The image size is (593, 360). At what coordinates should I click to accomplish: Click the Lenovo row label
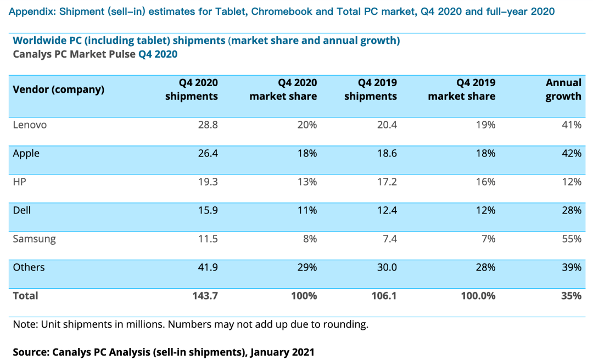click(x=30, y=125)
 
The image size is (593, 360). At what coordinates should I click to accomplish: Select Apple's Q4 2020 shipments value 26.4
click(x=208, y=154)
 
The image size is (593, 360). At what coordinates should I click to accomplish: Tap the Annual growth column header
click(x=563, y=89)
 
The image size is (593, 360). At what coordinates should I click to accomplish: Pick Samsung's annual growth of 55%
click(x=572, y=239)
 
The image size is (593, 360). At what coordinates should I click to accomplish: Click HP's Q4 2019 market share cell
click(x=485, y=182)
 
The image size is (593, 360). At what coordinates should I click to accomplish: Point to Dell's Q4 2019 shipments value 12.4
click(x=387, y=211)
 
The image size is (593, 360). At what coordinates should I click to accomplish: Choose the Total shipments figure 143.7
click(x=205, y=296)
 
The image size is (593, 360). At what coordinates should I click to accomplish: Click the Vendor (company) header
click(x=59, y=89)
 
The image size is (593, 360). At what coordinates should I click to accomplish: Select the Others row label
click(x=29, y=267)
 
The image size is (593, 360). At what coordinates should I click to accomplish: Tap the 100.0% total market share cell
click(x=478, y=296)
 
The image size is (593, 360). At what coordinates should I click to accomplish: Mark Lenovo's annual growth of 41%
click(x=572, y=125)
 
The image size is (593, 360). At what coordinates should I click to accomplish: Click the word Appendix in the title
click(x=32, y=12)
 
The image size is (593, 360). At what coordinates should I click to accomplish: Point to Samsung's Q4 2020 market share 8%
click(x=309, y=239)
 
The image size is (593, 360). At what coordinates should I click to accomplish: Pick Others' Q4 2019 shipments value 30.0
click(x=387, y=267)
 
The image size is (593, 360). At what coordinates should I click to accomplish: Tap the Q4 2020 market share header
click(x=283, y=89)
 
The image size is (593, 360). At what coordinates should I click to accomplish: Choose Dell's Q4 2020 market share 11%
click(x=307, y=211)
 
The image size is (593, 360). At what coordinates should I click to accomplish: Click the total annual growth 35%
click(x=572, y=296)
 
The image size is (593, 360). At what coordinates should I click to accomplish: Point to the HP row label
click(x=19, y=182)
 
